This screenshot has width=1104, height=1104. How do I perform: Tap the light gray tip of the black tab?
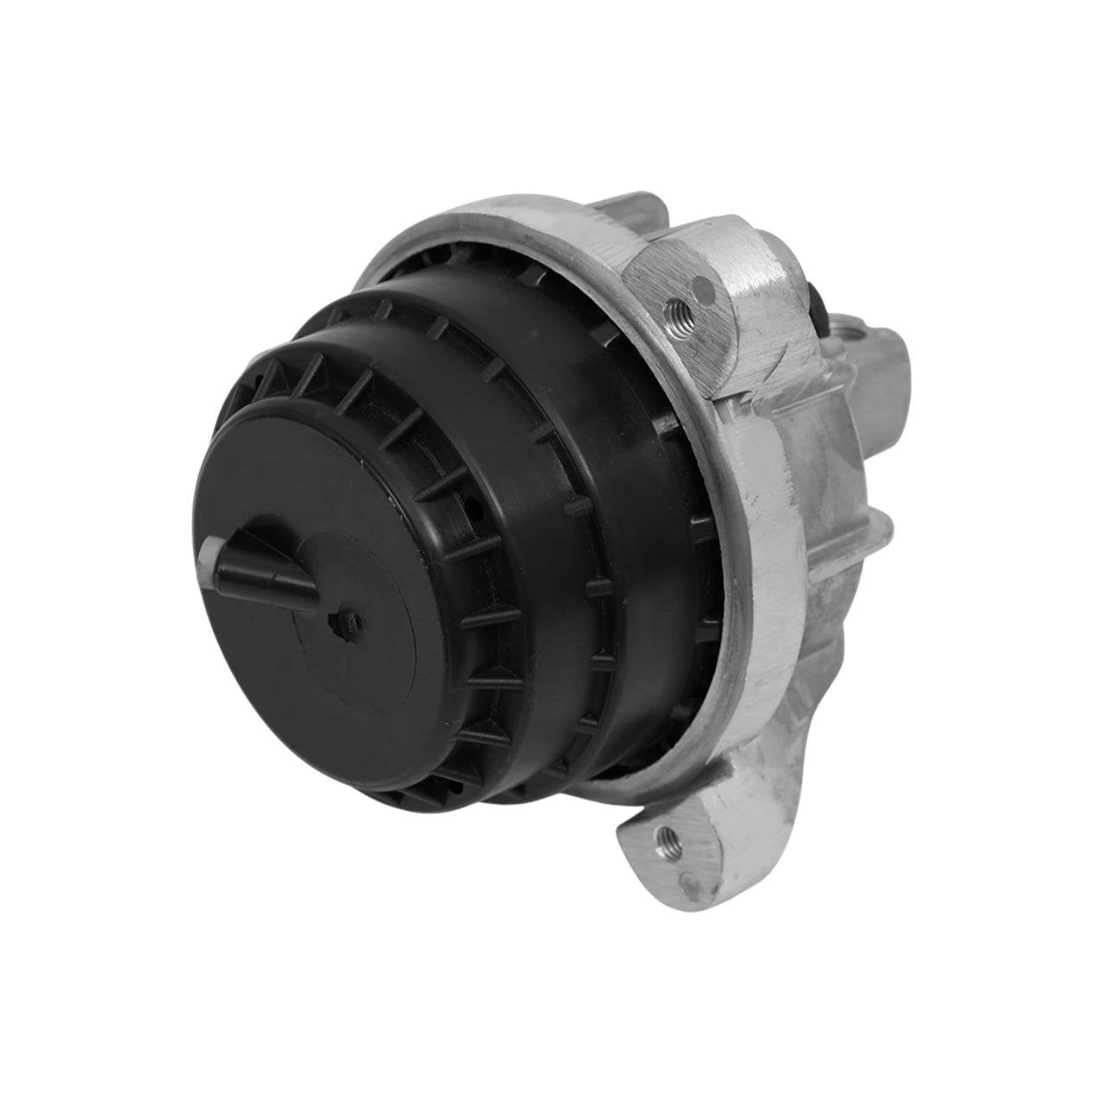(x=210, y=552)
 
